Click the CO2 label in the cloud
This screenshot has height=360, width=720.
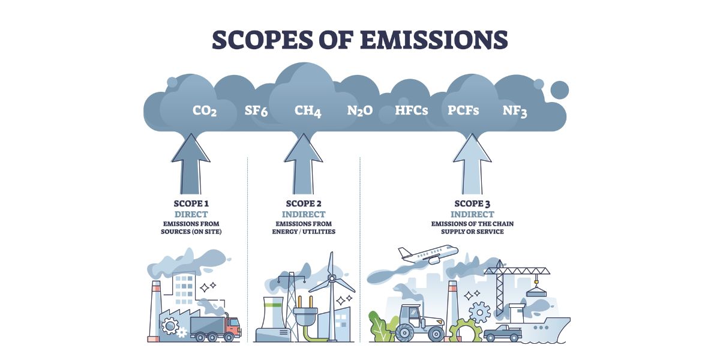tap(205, 111)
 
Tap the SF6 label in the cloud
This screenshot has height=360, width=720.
tap(256, 111)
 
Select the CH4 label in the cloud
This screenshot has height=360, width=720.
tap(308, 111)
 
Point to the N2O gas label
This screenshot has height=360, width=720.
tap(360, 111)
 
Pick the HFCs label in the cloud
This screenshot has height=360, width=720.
tap(412, 111)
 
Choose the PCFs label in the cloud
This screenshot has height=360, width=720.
tap(463, 111)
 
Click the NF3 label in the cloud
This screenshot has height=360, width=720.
tap(515, 111)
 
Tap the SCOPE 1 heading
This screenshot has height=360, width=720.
tap(191, 204)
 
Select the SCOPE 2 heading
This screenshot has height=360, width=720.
tap(304, 204)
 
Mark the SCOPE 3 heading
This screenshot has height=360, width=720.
tap(472, 204)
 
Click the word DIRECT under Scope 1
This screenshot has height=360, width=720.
tap(191, 214)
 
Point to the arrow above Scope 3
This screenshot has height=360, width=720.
tap(472, 162)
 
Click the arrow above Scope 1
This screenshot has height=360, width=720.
tap(191, 162)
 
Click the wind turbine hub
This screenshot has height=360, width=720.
tap(331, 278)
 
